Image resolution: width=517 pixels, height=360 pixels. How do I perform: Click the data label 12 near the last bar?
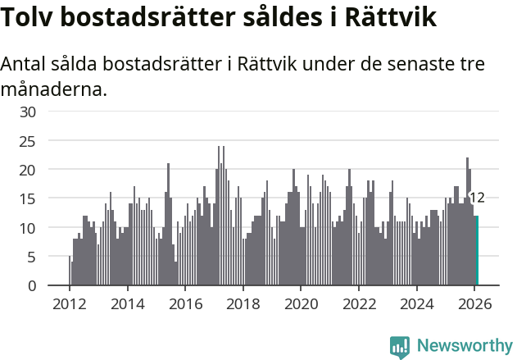(x=477, y=198)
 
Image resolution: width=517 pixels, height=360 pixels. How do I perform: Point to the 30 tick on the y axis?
(x=29, y=112)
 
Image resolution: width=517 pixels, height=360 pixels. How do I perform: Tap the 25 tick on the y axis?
(x=29, y=141)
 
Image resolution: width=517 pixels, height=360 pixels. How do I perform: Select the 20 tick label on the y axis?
(x=29, y=170)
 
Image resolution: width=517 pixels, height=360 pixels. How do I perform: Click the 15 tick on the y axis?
(x=29, y=198)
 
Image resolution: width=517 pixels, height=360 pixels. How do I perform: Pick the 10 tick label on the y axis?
(x=29, y=228)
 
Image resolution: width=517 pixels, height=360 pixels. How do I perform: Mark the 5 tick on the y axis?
(x=32, y=257)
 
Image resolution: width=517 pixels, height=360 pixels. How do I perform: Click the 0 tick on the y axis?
(x=32, y=285)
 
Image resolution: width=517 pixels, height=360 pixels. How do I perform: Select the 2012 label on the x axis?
(x=69, y=303)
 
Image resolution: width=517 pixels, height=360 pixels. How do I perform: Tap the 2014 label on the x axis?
(x=127, y=303)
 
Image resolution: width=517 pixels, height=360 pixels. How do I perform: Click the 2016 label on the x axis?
(x=185, y=303)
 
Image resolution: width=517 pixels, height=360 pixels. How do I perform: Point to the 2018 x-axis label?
(x=243, y=303)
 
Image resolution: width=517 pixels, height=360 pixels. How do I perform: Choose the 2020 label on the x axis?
(x=301, y=303)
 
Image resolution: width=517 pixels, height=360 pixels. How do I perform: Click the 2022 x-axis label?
(x=359, y=303)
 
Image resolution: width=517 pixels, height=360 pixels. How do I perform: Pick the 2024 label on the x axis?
(x=417, y=303)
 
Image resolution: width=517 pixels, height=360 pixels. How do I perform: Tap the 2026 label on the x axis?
(x=474, y=303)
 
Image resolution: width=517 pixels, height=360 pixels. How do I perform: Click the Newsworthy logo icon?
(x=400, y=347)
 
